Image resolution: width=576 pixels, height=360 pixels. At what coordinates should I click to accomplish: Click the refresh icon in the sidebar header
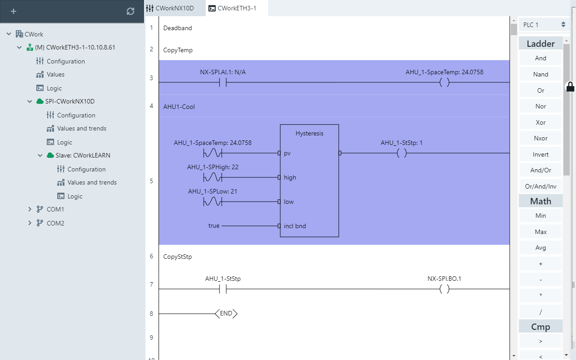[130, 11]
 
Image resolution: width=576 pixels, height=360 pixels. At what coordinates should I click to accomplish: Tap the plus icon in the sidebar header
[13, 11]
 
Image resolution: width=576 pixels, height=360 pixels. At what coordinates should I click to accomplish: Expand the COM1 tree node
[30, 209]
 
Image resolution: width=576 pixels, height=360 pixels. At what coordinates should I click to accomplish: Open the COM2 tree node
[30, 223]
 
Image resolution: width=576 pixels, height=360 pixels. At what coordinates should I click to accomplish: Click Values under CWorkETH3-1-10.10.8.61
[55, 74]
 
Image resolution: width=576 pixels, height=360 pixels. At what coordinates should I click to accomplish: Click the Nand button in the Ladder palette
[540, 74]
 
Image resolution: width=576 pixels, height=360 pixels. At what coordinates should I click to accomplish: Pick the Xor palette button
[540, 122]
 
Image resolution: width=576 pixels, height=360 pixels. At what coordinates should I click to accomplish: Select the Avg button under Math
[540, 247]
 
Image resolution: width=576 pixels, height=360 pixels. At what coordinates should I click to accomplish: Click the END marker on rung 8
[226, 314]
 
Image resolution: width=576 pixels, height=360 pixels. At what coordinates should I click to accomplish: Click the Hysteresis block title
[309, 133]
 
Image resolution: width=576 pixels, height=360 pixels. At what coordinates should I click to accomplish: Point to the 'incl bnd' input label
[295, 226]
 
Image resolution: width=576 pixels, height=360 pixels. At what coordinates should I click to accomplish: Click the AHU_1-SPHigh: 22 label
[213, 167]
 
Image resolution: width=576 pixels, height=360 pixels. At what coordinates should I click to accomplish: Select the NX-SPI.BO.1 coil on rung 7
[444, 289]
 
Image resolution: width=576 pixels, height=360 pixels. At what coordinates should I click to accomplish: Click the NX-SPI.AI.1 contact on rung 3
[223, 82]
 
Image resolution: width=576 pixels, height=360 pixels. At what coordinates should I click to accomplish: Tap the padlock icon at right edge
[570, 86]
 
